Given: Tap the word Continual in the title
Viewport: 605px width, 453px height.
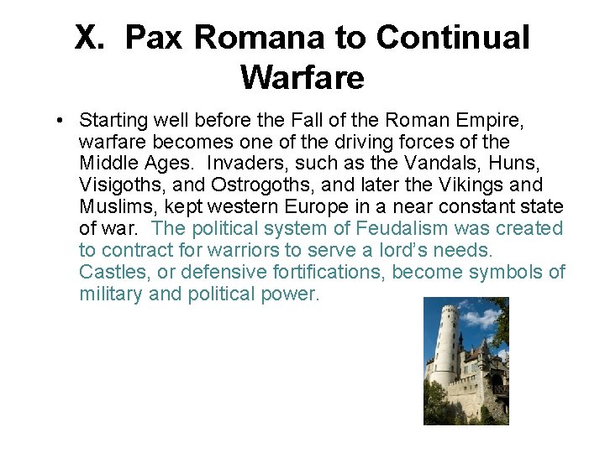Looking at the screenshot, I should click(x=453, y=38).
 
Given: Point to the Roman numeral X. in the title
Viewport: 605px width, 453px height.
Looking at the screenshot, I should click(x=93, y=38).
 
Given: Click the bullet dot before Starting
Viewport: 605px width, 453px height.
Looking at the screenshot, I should click(x=63, y=120).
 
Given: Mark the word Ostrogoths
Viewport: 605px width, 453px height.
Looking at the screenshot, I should click(x=254, y=185).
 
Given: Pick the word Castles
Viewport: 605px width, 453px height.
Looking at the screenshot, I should click(x=110, y=272).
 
